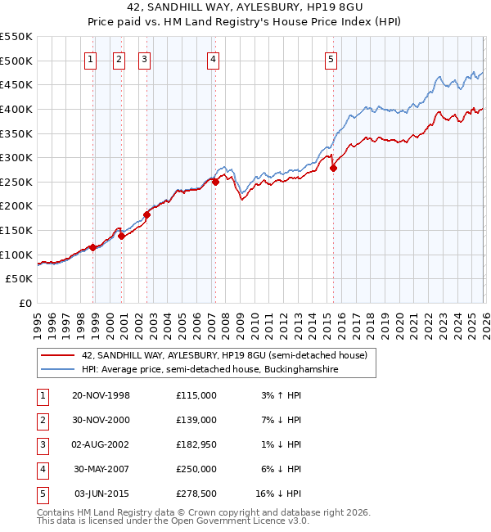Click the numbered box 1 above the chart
point(89,58)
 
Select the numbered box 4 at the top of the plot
point(212,58)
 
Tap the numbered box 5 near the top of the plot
point(331,58)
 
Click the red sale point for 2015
point(333,168)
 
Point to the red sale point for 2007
point(216,182)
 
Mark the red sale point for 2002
point(147,214)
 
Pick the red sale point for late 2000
point(122,236)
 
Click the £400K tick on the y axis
point(16,109)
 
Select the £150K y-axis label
point(16,231)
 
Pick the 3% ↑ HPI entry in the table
point(280,395)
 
